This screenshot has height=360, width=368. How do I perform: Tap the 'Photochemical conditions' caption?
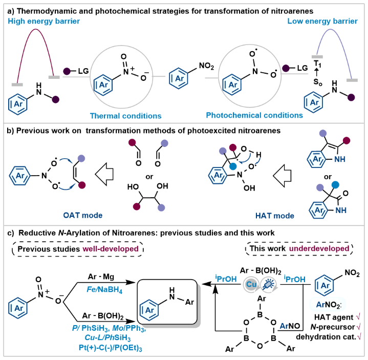tap(245, 115)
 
